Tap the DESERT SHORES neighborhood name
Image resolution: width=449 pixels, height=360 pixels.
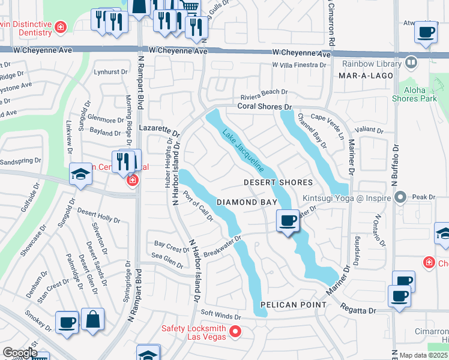[x=278, y=182]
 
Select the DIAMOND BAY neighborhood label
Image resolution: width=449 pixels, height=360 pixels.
[x=247, y=203]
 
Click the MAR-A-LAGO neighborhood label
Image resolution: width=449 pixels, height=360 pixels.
[x=366, y=76]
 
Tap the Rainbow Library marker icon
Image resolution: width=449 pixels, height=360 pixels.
[x=411, y=62]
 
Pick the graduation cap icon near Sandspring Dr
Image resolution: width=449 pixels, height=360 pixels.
[x=80, y=175]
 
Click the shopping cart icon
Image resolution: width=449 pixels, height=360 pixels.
[x=190, y=7]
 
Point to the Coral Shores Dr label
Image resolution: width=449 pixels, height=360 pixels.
[x=264, y=106]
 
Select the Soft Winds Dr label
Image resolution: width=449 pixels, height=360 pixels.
[x=220, y=314]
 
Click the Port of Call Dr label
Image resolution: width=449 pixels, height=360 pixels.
[x=199, y=206]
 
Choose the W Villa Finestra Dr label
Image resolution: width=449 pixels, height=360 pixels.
[x=301, y=65]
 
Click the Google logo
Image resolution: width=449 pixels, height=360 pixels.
[x=19, y=353]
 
